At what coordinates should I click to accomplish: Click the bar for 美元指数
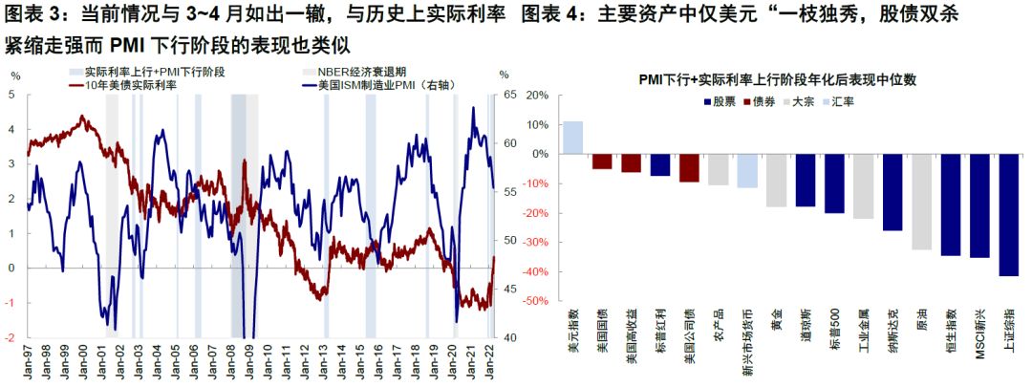point(572,138)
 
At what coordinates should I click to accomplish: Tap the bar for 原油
point(921,202)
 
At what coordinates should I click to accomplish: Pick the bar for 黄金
point(776,181)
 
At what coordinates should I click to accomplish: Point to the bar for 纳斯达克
point(892,192)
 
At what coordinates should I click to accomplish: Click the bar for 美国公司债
point(689,167)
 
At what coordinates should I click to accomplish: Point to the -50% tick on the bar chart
point(536,301)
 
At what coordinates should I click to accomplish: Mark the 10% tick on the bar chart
point(538,124)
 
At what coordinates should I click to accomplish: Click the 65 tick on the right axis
point(506,95)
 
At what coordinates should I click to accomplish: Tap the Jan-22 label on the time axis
point(490,359)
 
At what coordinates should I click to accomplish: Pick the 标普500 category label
point(834,330)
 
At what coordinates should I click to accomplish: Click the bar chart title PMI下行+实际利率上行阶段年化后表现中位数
point(778,80)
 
